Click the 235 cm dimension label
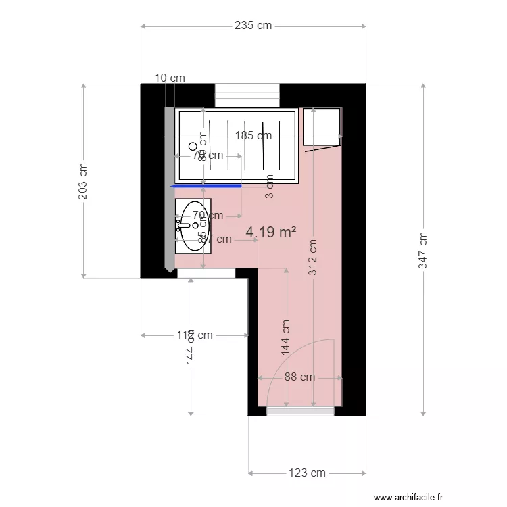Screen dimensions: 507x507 (253, 26)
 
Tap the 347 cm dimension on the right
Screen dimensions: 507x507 (423, 251)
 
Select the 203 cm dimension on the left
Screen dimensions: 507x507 (83, 180)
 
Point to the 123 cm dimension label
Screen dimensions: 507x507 (308, 473)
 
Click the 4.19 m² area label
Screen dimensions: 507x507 (271, 233)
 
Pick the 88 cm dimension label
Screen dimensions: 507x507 (299, 377)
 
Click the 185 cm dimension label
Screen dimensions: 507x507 (254, 135)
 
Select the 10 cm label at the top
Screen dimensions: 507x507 (170, 78)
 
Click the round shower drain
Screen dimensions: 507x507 (193, 146)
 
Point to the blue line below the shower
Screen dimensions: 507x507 (206, 185)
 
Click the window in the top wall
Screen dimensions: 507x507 (247, 95)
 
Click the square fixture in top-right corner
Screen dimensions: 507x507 (321, 126)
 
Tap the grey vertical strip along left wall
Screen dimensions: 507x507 (169, 189)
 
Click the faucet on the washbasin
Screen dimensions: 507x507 (181, 224)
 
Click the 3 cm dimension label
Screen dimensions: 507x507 (269, 187)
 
